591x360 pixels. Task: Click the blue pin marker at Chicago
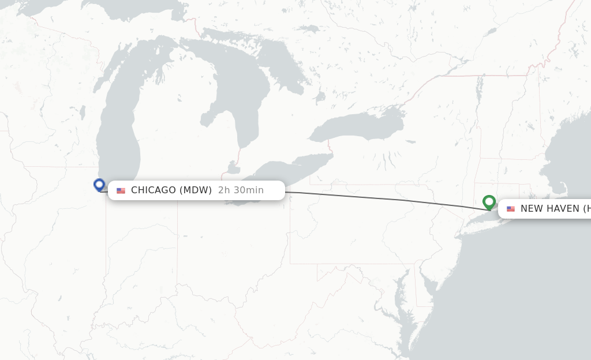click(x=99, y=185)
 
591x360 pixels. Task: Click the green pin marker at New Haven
click(x=489, y=202)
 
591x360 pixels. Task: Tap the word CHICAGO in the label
click(x=153, y=190)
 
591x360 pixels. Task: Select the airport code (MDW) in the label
click(x=195, y=190)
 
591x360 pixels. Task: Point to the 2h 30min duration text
click(x=241, y=190)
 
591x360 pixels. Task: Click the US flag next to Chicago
click(x=121, y=191)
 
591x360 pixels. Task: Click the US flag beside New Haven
click(x=511, y=209)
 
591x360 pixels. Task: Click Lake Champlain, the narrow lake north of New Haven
click(x=478, y=89)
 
